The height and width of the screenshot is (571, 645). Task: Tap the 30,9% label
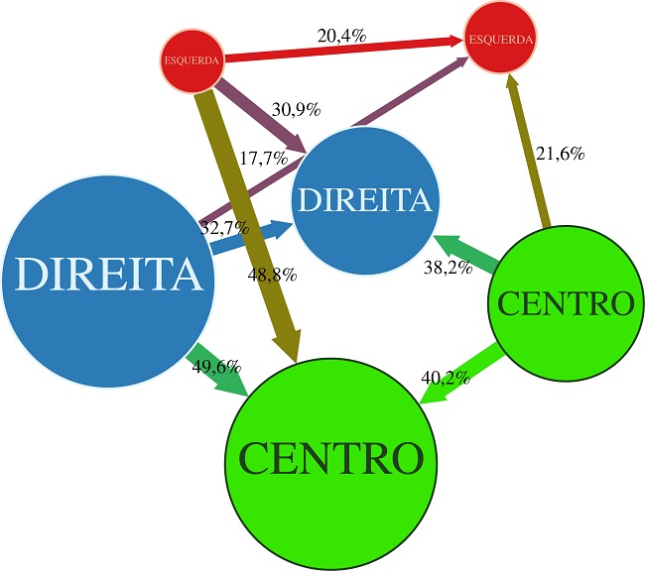coord(296,110)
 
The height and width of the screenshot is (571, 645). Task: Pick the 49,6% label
coord(216,368)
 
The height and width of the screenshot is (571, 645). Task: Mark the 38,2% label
coord(446,267)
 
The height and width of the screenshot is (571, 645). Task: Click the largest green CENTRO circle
coord(331,457)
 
